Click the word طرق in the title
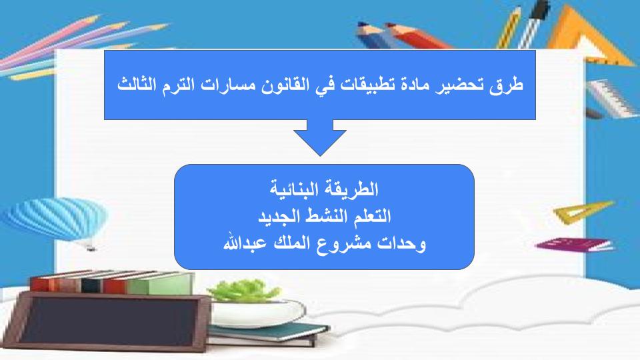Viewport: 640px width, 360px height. pyautogui.click(x=506, y=85)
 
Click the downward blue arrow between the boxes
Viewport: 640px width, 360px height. pyautogui.click(x=320, y=137)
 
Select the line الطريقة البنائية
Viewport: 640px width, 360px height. pyautogui.click(x=324, y=189)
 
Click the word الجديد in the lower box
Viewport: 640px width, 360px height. pyautogui.click(x=277, y=216)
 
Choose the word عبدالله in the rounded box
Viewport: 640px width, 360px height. pyautogui.click(x=245, y=243)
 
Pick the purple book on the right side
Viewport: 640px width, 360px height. pyautogui.click(x=575, y=245)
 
